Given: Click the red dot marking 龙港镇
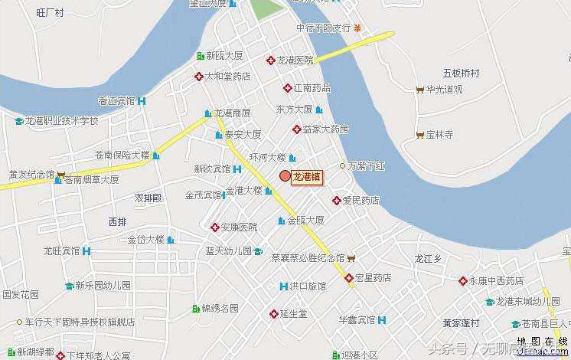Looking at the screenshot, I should click(285, 176).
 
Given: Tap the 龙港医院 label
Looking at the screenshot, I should click(295, 60).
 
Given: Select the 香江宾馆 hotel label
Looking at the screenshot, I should click(117, 100).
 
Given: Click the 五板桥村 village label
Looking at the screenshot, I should click(461, 73).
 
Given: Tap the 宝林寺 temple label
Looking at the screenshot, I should click(440, 134).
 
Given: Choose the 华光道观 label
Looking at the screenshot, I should click(445, 89).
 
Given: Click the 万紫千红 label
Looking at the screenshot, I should click(368, 165).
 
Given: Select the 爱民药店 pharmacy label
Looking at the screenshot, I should click(361, 201).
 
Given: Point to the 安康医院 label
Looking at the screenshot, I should click(239, 227).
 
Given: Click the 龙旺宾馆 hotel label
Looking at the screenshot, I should click(61, 250).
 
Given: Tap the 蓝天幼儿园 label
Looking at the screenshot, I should click(228, 250).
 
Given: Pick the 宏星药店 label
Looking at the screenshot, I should click(373, 277).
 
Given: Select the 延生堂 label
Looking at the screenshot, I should click(293, 314).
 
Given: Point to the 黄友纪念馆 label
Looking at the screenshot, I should click(31, 174).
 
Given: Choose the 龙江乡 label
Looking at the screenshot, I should click(428, 259).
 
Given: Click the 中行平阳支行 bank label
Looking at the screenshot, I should click(323, 28).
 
